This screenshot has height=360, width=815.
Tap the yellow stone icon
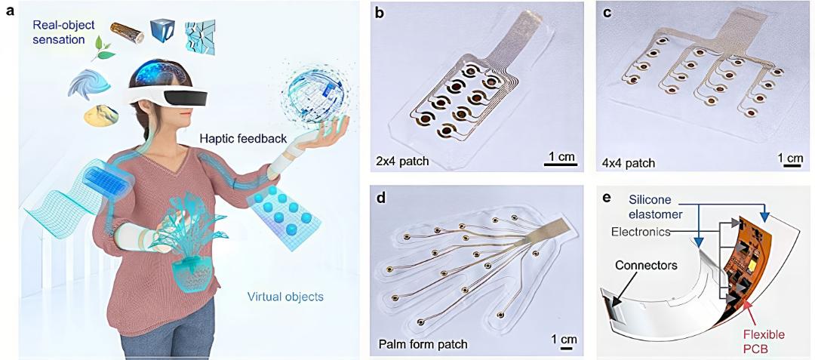click(x=100, y=114)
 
